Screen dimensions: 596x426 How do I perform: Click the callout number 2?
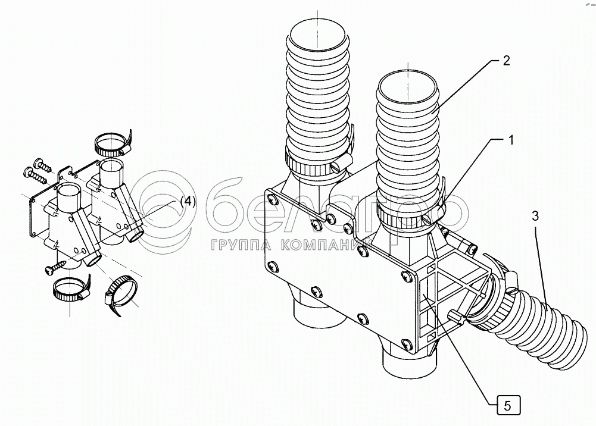point(505,60)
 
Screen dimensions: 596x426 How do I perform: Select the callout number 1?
point(510,140)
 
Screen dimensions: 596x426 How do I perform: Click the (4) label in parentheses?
point(186,201)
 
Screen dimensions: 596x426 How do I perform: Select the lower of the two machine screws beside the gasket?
point(35,174)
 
